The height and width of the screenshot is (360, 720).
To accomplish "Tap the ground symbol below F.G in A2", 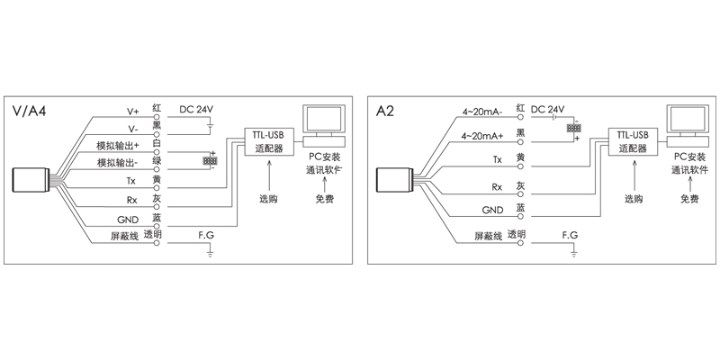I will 573,256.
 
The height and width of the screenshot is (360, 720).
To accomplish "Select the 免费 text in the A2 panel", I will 690,198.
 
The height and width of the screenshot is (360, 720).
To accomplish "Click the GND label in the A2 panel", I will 491,211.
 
